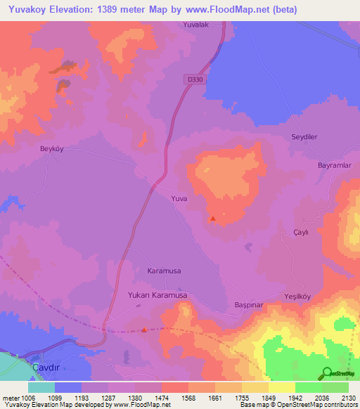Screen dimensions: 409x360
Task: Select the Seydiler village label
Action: click(306, 137)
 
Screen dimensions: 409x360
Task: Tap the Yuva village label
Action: click(179, 199)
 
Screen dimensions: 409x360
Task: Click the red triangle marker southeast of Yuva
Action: click(212, 219)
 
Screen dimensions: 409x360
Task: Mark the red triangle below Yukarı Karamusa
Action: click(145, 329)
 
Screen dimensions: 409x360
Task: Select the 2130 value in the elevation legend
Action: click(347, 397)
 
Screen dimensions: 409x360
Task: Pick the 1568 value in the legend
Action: click(188, 397)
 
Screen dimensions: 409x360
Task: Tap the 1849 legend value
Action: click(268, 397)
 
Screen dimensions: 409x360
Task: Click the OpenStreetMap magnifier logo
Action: click(327, 372)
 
